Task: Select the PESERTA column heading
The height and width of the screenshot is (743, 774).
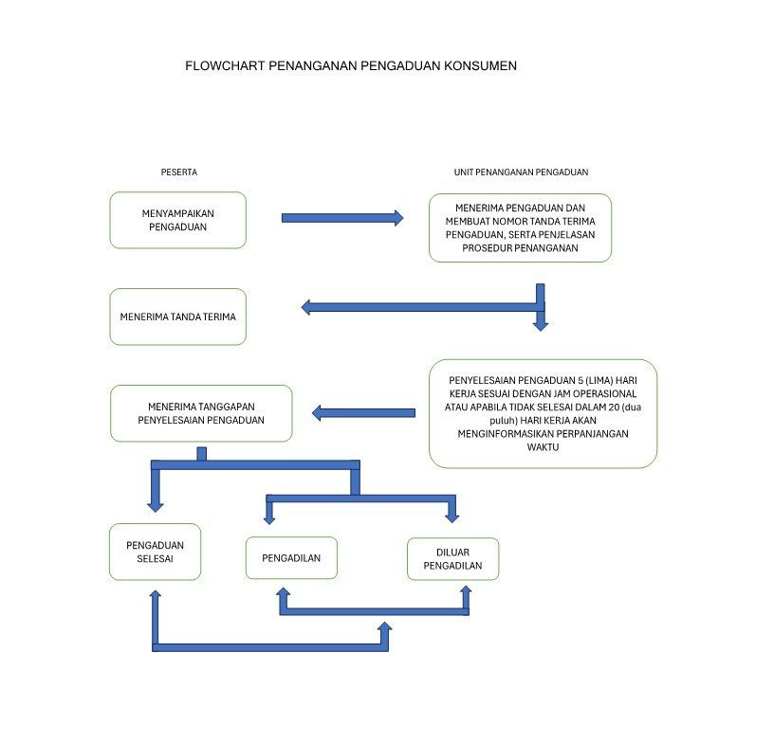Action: tap(178, 172)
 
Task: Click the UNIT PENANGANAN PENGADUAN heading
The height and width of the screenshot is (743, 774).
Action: tap(521, 172)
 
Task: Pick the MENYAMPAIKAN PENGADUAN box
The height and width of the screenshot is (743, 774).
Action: tap(177, 220)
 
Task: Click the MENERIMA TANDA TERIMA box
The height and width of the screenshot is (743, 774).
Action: tap(177, 317)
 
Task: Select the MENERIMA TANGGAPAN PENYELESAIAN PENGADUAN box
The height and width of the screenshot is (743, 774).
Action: tap(201, 413)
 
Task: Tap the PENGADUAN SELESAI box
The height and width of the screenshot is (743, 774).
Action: tap(155, 552)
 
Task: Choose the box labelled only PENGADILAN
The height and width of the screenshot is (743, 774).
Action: tap(291, 557)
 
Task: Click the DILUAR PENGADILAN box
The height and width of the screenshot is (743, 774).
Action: tap(452, 558)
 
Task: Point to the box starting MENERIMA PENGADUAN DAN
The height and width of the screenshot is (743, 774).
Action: tap(521, 227)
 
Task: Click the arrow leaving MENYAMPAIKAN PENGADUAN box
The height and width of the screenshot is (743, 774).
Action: tap(342, 218)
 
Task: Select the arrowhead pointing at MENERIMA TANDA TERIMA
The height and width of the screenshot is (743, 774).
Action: tap(306, 307)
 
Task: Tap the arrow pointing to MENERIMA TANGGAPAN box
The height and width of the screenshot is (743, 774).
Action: tap(363, 413)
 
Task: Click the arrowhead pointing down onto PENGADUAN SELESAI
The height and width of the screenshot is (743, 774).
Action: tap(155, 507)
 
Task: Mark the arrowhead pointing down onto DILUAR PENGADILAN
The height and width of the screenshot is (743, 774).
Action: tap(452, 518)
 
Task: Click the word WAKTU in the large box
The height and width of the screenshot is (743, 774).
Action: tap(543, 447)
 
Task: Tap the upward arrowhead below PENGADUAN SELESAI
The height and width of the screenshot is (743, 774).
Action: tap(156, 594)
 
